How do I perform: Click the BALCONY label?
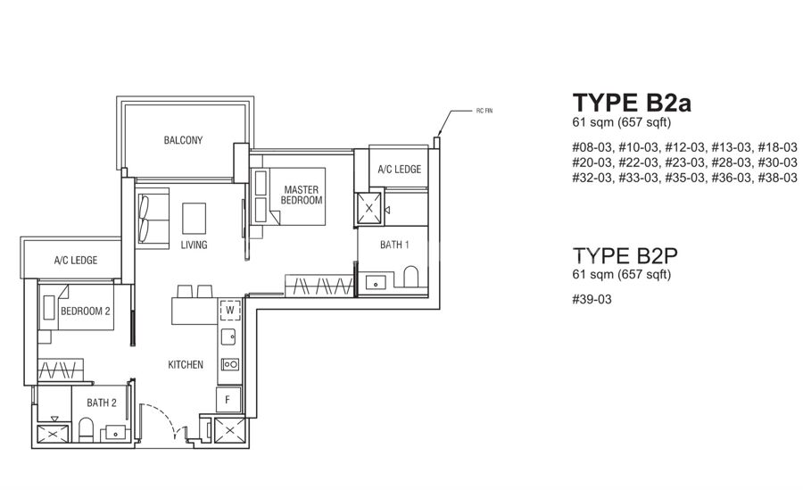coord(183,140)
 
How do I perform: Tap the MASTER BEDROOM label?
coord(302,195)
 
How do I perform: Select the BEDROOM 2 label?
coord(86,311)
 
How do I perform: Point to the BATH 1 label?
coord(394,245)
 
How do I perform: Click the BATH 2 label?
coord(102,403)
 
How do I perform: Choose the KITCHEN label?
coord(186,364)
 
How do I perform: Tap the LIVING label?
coord(195,245)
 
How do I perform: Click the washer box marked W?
coord(230,310)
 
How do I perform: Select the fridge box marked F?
coord(228,399)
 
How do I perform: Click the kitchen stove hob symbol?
coord(230,364)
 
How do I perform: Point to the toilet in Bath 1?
coord(410,277)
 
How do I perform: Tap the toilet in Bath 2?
coord(86,429)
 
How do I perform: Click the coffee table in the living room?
coord(195,219)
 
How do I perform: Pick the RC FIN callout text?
coord(484,111)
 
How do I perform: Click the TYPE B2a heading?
coord(632,103)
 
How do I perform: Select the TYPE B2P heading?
coord(625,255)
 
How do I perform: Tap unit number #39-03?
coord(592,299)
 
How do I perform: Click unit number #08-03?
coord(592,147)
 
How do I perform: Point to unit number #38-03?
coord(777,178)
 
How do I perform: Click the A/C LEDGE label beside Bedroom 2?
coord(76,261)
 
